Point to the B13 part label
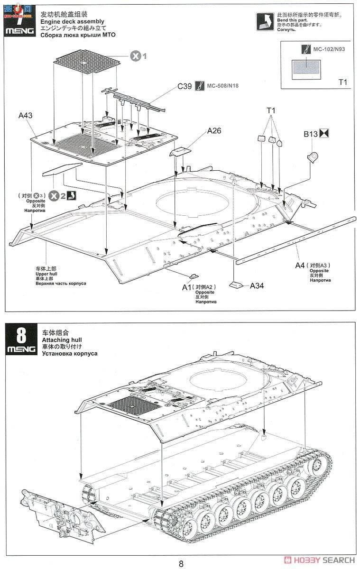coord(311,134)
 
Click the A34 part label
coord(257,285)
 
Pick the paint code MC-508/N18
coord(222,86)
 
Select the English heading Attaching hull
coord(61,340)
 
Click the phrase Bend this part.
coord(292,20)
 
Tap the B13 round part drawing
coord(313,156)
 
